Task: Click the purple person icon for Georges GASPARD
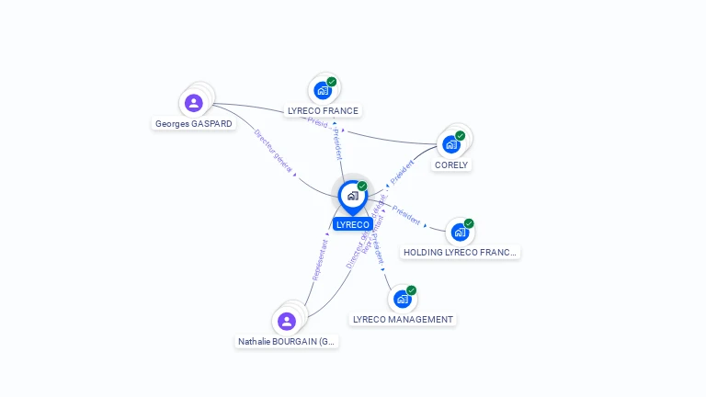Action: click(x=193, y=103)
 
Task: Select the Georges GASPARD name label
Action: click(x=193, y=123)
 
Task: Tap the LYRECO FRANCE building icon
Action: click(x=322, y=90)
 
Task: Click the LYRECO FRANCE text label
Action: click(x=323, y=111)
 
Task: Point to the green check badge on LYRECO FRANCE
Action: click(x=332, y=82)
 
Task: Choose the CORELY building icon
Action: click(x=450, y=144)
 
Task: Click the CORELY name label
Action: click(x=451, y=165)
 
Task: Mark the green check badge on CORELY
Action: click(x=461, y=136)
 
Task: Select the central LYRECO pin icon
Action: click(x=352, y=196)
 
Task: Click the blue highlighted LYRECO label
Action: click(x=352, y=224)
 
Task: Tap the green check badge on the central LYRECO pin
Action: click(x=362, y=187)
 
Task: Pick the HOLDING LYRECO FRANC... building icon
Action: click(x=460, y=233)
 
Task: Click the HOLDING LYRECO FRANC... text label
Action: click(x=461, y=252)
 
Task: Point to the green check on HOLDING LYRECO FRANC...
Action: click(x=469, y=223)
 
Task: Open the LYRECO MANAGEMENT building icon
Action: click(x=402, y=300)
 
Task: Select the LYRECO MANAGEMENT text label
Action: click(x=403, y=320)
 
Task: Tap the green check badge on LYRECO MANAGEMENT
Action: click(x=412, y=290)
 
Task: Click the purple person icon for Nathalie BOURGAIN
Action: click(x=287, y=322)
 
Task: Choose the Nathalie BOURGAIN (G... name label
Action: click(x=288, y=342)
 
